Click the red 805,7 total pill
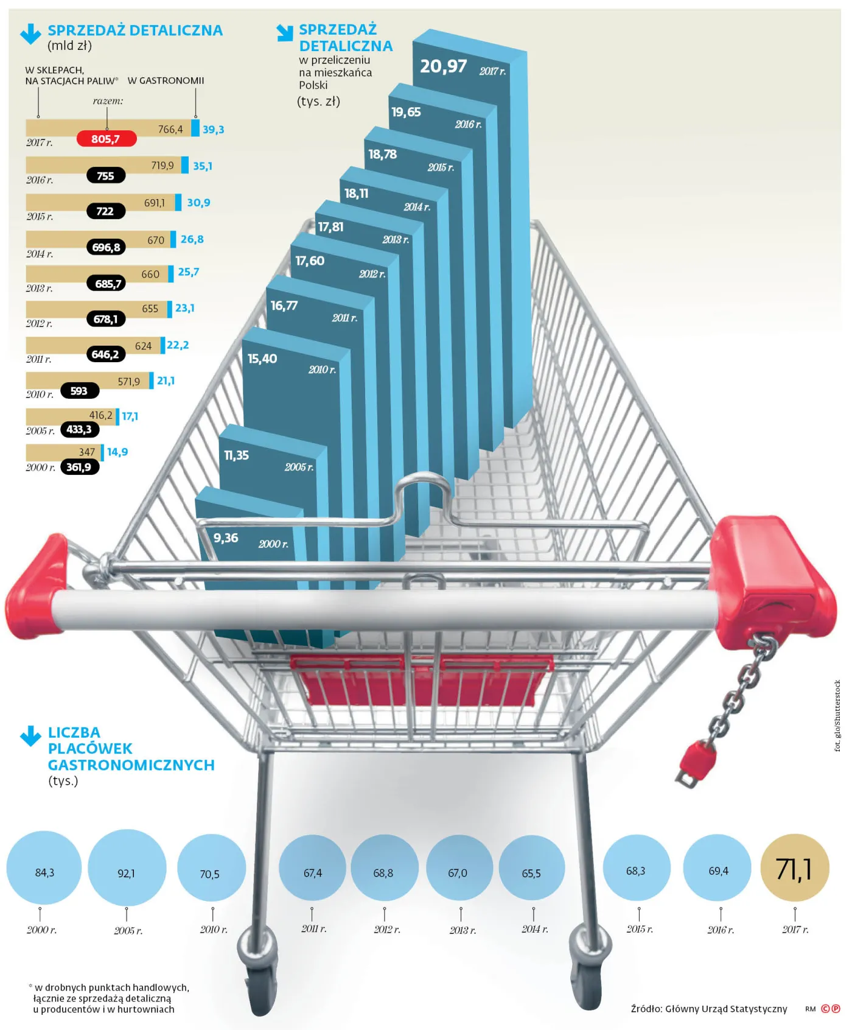(106, 139)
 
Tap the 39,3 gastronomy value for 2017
(213, 130)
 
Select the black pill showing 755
(106, 176)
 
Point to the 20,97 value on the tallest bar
(444, 66)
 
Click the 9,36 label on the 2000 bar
(226, 538)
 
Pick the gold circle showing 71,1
(795, 868)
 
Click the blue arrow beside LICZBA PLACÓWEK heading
(30, 736)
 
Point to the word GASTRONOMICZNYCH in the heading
(131, 765)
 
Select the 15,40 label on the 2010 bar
(262, 359)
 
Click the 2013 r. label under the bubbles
(463, 931)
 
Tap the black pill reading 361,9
(80, 468)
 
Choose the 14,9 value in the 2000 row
(117, 452)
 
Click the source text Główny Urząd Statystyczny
(726, 1009)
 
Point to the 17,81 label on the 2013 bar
(330, 227)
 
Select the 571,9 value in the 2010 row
(128, 382)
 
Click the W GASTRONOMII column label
(166, 80)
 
